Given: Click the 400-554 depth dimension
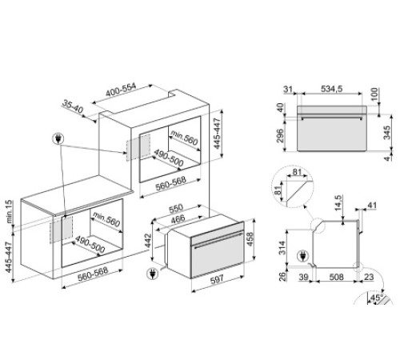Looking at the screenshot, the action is pyautogui.click(x=121, y=90).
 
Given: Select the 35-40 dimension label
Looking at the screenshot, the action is pyautogui.click(x=73, y=106).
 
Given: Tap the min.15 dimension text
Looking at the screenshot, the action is pyautogui.click(x=9, y=211).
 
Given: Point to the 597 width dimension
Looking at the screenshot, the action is pyautogui.click(x=218, y=280).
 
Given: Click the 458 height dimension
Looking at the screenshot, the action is pyautogui.click(x=250, y=239).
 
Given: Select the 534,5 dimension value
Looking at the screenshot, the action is pyautogui.click(x=331, y=89).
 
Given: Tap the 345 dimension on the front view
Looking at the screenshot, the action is pyautogui.click(x=386, y=133).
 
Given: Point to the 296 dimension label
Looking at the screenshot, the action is pyautogui.click(x=280, y=136).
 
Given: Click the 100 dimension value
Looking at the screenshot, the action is pyautogui.click(x=374, y=94).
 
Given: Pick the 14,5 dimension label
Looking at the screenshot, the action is pyautogui.click(x=338, y=203).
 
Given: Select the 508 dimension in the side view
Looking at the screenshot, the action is pyautogui.click(x=336, y=277).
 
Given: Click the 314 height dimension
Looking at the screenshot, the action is pyautogui.click(x=282, y=248).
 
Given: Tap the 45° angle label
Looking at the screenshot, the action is pyautogui.click(x=377, y=298).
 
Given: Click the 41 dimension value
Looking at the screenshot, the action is pyautogui.click(x=372, y=206).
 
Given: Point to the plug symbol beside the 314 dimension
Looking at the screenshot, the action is pyautogui.click(x=302, y=256).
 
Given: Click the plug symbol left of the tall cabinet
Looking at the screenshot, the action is pyautogui.click(x=58, y=138).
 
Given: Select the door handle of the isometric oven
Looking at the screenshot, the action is pyautogui.click(x=218, y=241).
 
